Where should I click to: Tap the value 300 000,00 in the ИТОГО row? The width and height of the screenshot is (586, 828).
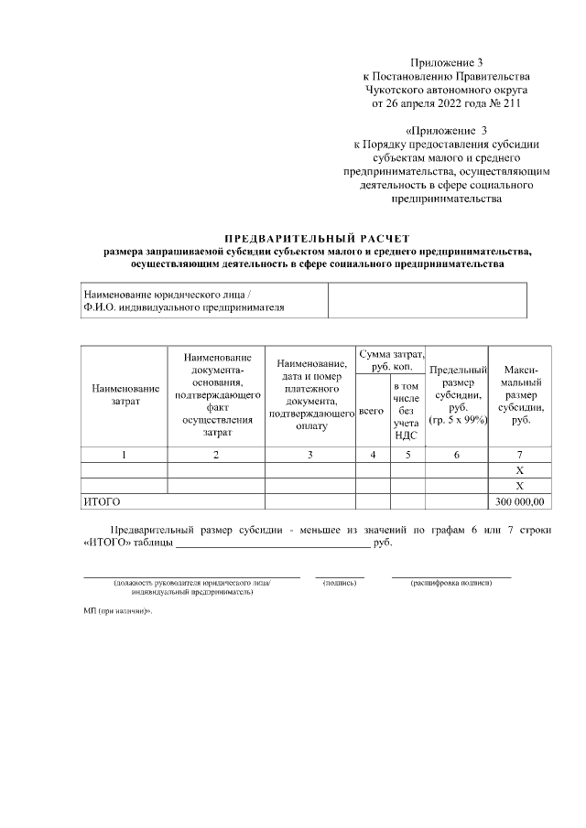pos(519,501)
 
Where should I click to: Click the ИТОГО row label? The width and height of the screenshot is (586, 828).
pos(102,501)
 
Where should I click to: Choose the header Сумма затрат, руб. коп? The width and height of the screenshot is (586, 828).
pos(391,360)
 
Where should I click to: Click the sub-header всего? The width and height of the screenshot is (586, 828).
pos(371,412)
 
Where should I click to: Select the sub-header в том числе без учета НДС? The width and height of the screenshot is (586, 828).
pos(406,411)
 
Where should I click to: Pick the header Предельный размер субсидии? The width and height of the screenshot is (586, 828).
pos(457,394)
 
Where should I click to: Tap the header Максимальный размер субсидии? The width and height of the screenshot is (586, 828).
pos(519,394)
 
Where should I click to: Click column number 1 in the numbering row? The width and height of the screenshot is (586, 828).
pos(125,455)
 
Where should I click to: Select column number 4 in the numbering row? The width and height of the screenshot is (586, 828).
pos(371,455)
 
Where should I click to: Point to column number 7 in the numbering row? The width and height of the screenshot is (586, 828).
pos(519,455)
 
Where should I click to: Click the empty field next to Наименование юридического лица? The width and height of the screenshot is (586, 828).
pos(427,300)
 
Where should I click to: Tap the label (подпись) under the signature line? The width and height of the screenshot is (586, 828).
pos(340,583)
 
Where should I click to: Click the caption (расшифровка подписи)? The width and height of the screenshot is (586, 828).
pos(451,583)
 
